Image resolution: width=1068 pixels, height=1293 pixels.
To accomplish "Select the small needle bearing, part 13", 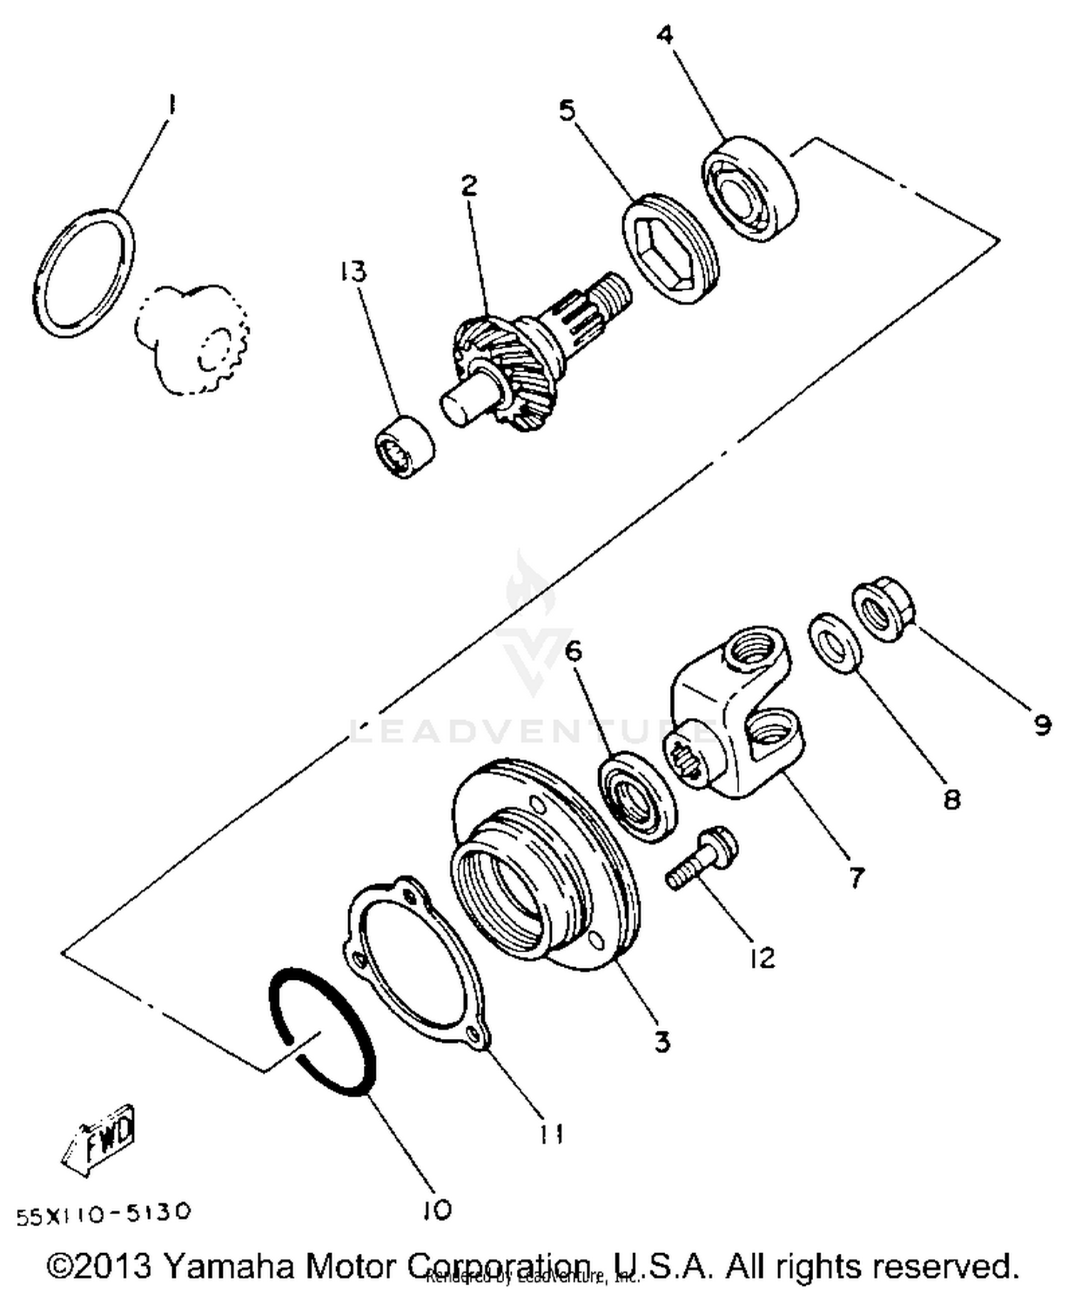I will click(404, 446).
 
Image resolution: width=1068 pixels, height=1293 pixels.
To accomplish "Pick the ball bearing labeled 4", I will click(751, 189).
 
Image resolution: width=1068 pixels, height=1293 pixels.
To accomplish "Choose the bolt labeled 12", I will click(701, 863).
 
